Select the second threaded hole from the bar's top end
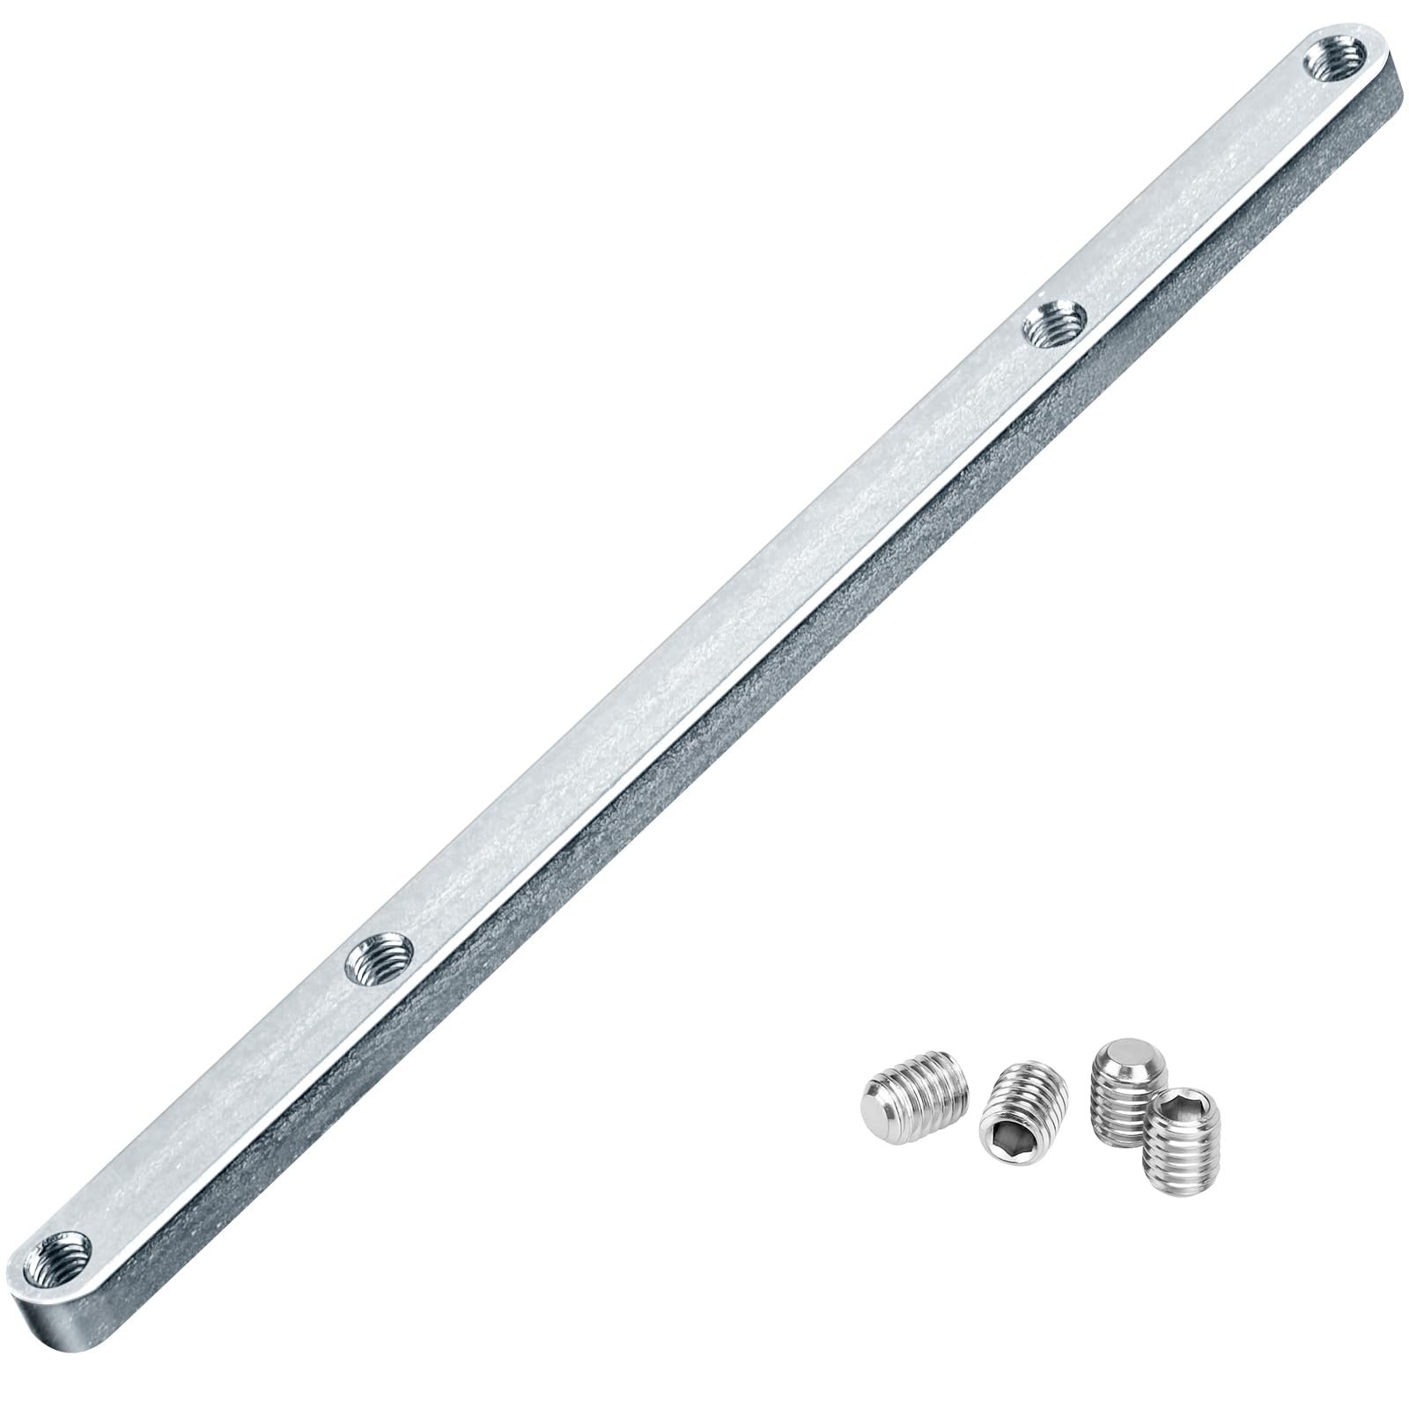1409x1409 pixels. pos(1053,323)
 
